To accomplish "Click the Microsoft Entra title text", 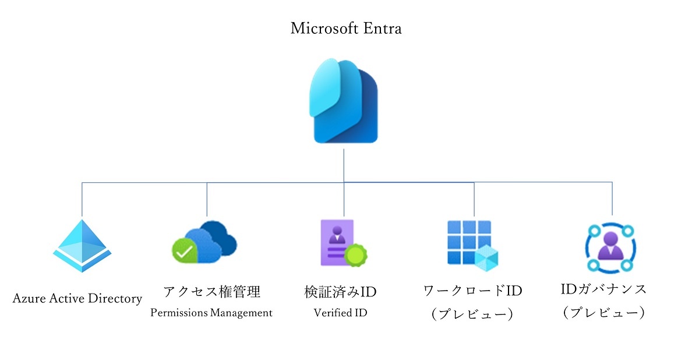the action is [x=346, y=29].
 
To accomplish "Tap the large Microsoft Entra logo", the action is [x=344, y=101].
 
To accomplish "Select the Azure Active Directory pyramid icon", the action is [x=82, y=246].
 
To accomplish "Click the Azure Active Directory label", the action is [x=77, y=299].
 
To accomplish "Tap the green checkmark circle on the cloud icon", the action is [x=185, y=250].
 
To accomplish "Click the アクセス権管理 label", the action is [x=212, y=292].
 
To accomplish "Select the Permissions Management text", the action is [x=211, y=313].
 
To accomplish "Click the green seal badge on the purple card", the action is [x=356, y=256].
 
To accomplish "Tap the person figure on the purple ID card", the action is [x=337, y=235].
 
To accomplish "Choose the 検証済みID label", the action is [x=340, y=292].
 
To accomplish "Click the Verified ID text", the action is [x=340, y=313].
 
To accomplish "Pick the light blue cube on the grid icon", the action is [x=486, y=258].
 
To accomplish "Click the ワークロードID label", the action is [x=473, y=291].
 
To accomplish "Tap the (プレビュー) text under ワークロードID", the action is [x=472, y=314].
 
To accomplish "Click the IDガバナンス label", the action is [x=603, y=290].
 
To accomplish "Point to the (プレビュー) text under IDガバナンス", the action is [x=604, y=312].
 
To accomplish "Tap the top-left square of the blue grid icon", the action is [x=454, y=227].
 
